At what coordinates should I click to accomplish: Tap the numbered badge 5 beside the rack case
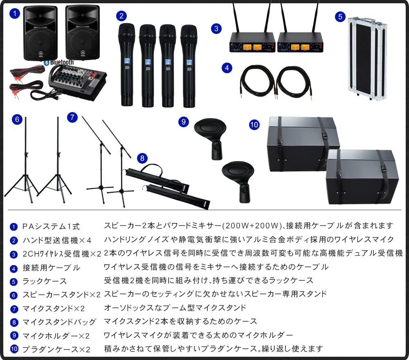[x=340, y=17]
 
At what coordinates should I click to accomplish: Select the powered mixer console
[x=77, y=83]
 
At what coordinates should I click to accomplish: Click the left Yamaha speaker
[x=40, y=33]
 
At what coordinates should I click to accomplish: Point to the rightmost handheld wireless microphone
[x=189, y=66]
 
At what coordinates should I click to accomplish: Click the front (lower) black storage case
[x=362, y=177]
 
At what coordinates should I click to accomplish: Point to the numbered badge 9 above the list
[x=184, y=122]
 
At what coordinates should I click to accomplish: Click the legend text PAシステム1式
[x=51, y=227]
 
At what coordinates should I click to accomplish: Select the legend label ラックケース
[x=45, y=281]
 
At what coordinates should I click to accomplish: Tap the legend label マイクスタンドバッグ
[x=59, y=322]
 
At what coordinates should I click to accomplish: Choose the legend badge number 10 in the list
[x=14, y=349]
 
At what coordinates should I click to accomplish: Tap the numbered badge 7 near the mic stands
[x=72, y=117]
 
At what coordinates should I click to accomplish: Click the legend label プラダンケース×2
[x=56, y=349]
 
